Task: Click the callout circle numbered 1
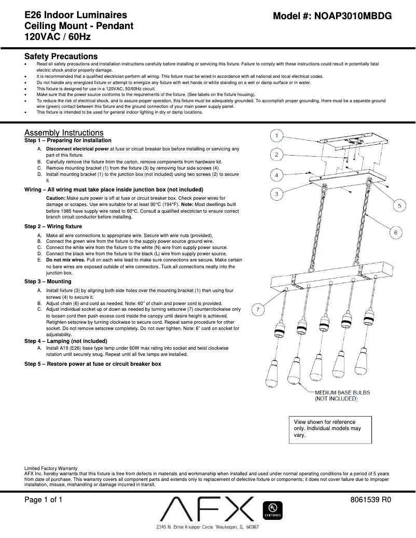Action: [x=278, y=136]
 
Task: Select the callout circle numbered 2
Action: [x=278, y=155]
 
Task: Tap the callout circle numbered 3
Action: [x=278, y=194]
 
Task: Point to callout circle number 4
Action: [x=278, y=174]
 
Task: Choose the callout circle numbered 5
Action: [x=399, y=206]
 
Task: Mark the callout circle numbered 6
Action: [x=395, y=233]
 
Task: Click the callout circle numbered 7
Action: [x=258, y=310]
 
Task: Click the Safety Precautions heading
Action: [x=61, y=56]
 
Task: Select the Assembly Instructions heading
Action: [x=64, y=133]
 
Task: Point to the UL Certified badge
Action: [x=273, y=511]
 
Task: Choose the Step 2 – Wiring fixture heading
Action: [x=53, y=227]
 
